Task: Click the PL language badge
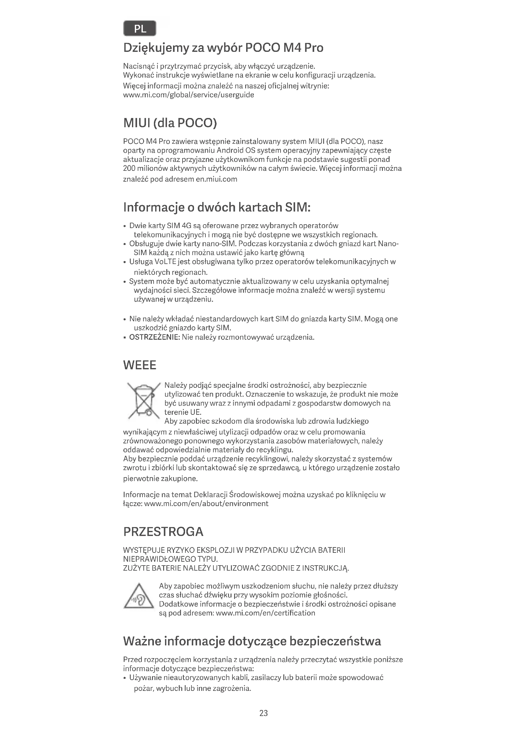[x=140, y=29]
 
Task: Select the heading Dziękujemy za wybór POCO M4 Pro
[x=223, y=48]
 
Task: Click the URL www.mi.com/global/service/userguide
[x=189, y=95]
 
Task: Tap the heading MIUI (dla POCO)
[x=170, y=123]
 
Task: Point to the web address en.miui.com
[x=216, y=179]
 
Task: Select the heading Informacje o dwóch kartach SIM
[x=217, y=207]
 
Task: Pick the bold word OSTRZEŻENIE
[x=155, y=337]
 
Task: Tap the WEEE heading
[x=140, y=365]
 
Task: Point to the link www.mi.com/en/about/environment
[x=206, y=504]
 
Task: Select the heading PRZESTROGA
[x=163, y=532]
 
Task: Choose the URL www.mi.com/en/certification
[x=265, y=613]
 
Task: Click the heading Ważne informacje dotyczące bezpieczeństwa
[x=252, y=641]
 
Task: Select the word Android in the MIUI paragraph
[x=230, y=151]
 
